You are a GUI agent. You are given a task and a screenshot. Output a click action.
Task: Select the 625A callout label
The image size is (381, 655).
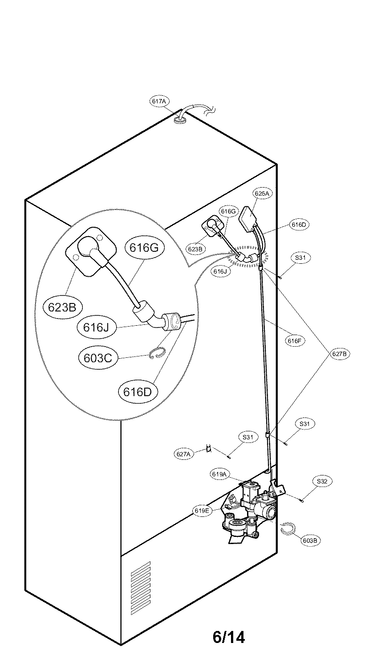point(262,194)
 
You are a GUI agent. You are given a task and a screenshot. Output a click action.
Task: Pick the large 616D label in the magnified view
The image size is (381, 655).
point(138,392)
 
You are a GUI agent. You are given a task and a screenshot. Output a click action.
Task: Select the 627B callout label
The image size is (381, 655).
point(340,354)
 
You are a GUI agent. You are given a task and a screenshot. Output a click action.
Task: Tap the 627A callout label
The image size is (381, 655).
point(183,454)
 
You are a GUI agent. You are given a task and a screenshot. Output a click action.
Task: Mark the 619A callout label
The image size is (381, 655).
point(220,475)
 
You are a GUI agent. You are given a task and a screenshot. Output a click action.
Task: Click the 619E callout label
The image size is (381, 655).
point(202,511)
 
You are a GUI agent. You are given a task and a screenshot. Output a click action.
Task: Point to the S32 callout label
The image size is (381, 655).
point(322,482)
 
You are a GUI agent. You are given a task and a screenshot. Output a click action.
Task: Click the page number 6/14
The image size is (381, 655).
point(228,637)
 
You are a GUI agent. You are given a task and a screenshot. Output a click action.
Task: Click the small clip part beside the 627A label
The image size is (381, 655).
point(207,448)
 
